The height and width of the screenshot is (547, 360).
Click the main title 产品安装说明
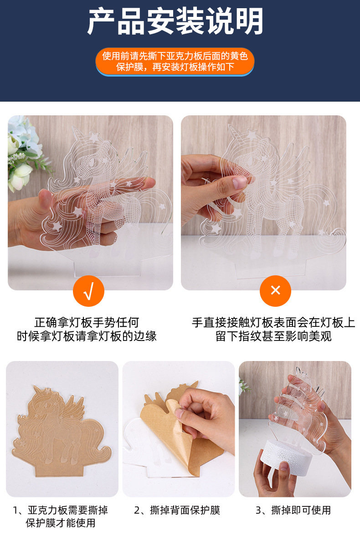pos(175,21)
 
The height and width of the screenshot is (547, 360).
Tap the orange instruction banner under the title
pos(175,61)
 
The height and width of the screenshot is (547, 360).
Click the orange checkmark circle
pos(88,291)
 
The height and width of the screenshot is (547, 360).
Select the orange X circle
pos(275,291)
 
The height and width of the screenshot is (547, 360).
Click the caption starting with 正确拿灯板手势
pos(87,329)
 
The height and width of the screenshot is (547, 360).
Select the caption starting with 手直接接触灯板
pos(273,329)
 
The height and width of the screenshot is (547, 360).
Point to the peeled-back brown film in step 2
pos(171,437)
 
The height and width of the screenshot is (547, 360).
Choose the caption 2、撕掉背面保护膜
pos(177,510)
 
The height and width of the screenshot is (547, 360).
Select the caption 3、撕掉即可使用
pos(293,510)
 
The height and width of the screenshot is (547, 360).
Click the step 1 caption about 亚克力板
pos(61,516)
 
